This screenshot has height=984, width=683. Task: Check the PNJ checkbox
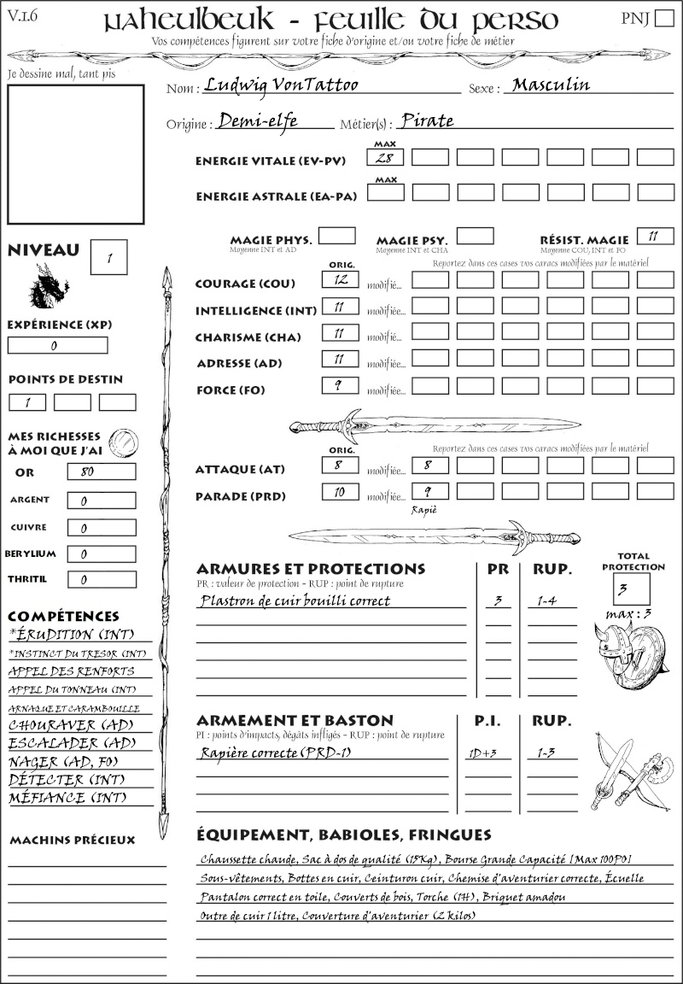(663, 20)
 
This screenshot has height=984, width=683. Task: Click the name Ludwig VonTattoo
(269, 85)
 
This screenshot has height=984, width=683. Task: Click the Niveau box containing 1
(110, 255)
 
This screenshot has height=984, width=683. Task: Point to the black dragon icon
(48, 286)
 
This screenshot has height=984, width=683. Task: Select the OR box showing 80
(101, 471)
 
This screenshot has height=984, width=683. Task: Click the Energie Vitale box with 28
(386, 157)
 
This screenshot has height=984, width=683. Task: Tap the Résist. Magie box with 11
(655, 236)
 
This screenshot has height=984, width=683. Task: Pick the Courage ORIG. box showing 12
(340, 279)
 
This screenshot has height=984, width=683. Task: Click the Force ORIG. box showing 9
(340, 385)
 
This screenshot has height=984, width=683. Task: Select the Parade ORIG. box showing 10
(340, 491)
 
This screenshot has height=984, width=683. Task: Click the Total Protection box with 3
(631, 589)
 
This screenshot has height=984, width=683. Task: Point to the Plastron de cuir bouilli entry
(295, 600)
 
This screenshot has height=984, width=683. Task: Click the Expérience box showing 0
(58, 345)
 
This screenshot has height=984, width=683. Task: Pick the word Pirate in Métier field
(427, 120)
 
